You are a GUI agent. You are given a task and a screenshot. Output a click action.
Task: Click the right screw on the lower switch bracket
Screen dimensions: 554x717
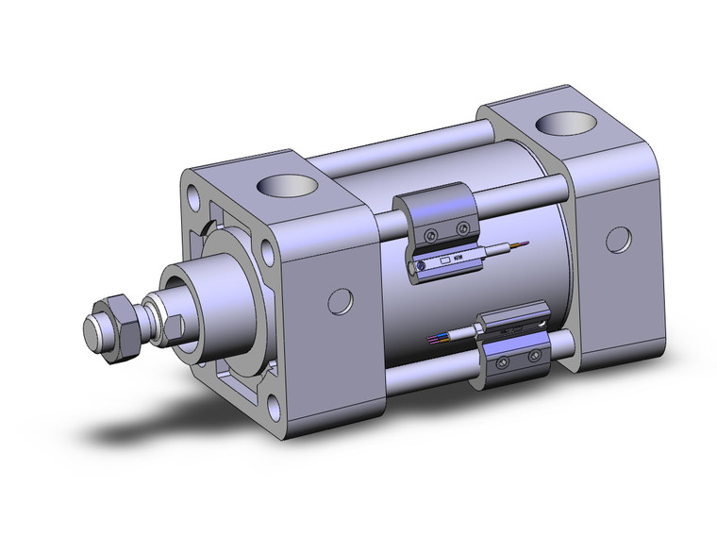pos(535,355)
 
